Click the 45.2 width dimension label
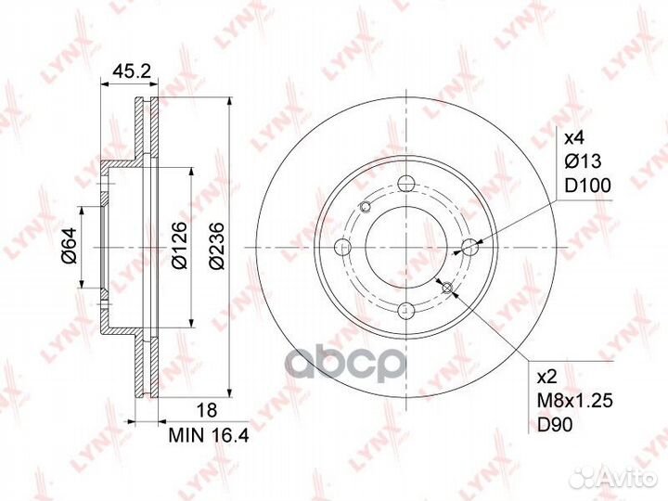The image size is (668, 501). pos(132,71)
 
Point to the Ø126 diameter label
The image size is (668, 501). pos(179,246)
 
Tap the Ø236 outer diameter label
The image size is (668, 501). pos(217,246)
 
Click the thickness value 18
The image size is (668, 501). pos(206,410)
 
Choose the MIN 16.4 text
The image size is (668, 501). pos(209,435)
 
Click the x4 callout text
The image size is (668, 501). pos(574,137)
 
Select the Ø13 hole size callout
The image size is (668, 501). pos(583,161)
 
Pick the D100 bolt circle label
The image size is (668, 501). pos(587,186)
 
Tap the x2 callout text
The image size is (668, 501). pos(548,377)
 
